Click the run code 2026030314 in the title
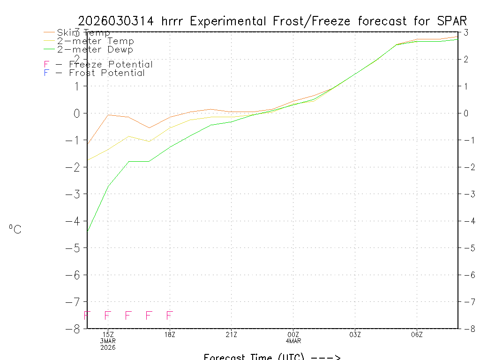point(117,21)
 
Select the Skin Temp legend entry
point(83,33)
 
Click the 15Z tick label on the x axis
point(108,334)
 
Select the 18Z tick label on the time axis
point(170,334)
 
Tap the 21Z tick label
point(231,334)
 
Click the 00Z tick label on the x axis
point(293,334)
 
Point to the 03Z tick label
point(355,334)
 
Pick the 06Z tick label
point(417,334)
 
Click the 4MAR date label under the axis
point(293,341)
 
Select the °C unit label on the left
point(15,229)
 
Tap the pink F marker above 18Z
point(170,315)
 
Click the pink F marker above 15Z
point(108,315)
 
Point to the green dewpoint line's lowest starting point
point(88,231)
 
